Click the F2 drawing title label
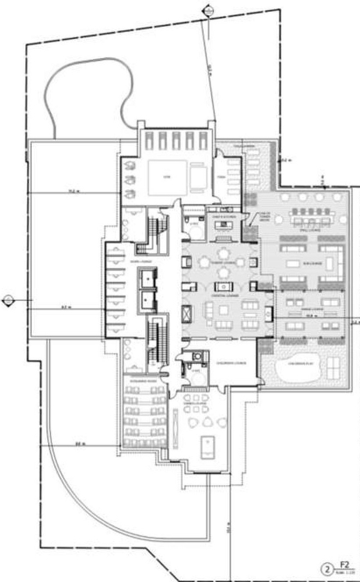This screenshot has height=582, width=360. click(x=342, y=568)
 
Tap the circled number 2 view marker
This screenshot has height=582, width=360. click(x=326, y=569)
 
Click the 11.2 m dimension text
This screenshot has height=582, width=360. click(x=73, y=191)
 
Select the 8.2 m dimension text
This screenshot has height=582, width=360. click(x=66, y=308)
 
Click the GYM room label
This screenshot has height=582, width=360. click(x=166, y=178)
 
